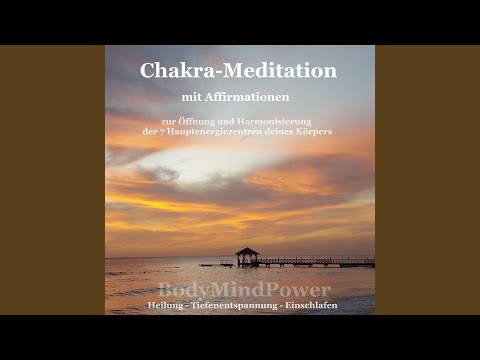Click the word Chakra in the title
173,71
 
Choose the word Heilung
166,304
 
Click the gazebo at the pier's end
246,258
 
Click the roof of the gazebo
246,251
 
